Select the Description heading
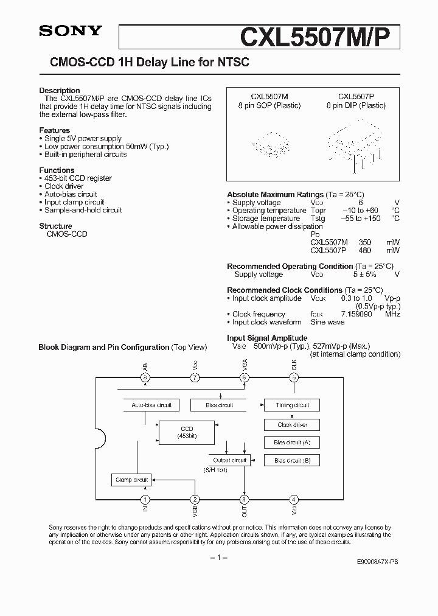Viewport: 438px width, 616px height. coord(60,90)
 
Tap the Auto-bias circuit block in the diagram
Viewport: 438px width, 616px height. coord(151,405)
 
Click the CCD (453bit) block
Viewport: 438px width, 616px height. coord(187,432)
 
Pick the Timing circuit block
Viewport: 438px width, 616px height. coord(292,405)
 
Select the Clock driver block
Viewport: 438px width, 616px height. coord(292,424)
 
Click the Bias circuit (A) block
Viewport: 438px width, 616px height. coord(292,443)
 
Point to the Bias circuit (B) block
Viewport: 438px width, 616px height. coord(292,461)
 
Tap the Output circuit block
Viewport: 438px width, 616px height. coord(229,460)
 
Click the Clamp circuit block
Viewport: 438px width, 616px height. coord(131,480)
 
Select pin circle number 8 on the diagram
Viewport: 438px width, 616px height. coord(145,377)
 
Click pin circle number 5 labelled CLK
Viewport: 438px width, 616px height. coord(294,377)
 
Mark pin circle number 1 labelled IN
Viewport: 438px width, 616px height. coord(145,499)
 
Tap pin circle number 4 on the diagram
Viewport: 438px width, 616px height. coord(294,499)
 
